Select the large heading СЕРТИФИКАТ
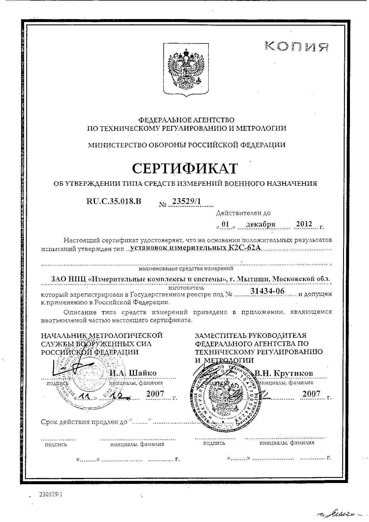coord(185,168)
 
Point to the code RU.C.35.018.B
coord(113,201)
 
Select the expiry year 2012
coord(304,224)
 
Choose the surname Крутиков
coord(293,373)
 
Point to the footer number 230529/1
coord(51,494)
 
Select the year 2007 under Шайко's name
coord(155,394)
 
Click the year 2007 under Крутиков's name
coord(311,394)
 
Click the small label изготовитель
coord(186,288)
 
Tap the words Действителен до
coord(243,213)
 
